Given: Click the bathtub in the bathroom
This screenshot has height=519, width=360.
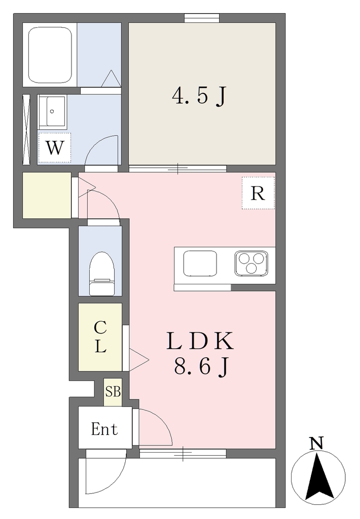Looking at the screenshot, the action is point(50,55).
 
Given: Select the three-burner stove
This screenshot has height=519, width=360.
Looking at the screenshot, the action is point(251,263).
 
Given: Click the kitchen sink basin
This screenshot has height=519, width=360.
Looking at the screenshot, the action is point(200,263).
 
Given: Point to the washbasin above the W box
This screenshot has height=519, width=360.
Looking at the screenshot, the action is point(52,112).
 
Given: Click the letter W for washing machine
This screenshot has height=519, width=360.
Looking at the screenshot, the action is point(54,147).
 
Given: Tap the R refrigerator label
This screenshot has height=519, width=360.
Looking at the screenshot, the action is point(258,193).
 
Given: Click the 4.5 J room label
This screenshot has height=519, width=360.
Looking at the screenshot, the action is point(199,96).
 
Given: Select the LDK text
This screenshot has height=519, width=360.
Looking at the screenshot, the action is point(200,341).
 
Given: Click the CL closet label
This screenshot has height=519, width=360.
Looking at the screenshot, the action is point(100,337).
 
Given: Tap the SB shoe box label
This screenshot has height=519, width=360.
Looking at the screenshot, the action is point(113,392).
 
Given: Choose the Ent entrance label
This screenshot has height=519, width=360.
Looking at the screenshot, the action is point(104,429).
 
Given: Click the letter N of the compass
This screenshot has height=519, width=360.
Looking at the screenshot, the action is point(316,443).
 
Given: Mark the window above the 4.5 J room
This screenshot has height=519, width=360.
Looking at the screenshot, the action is point(202,18).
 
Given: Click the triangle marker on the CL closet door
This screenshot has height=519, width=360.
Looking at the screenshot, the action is point(138,359).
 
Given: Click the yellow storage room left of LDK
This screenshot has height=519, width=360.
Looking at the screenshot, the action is point(47,195).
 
